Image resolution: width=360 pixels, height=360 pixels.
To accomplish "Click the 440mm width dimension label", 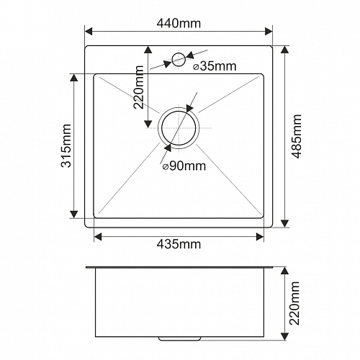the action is [x=179, y=24].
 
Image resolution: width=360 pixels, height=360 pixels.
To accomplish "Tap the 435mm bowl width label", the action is [x=179, y=244].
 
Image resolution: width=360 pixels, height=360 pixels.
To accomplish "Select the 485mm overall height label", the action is [x=296, y=136].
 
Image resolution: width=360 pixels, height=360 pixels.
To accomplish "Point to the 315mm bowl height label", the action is [x=66, y=145].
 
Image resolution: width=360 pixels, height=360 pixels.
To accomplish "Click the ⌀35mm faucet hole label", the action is [x=215, y=66].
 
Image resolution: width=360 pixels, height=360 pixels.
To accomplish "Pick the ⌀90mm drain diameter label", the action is [x=184, y=166].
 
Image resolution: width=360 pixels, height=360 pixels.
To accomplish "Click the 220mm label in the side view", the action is [x=294, y=304].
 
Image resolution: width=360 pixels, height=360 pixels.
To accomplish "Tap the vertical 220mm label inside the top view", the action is [x=138, y=87].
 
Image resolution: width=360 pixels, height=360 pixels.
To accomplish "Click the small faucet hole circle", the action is [x=179, y=59].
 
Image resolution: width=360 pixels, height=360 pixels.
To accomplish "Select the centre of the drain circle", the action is [x=179, y=127].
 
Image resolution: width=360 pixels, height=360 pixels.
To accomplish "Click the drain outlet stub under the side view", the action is [x=179, y=338].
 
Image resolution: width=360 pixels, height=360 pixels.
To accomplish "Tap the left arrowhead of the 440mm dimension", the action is [x=89, y=31].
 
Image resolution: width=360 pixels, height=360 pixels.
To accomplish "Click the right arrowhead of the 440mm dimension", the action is [x=269, y=31].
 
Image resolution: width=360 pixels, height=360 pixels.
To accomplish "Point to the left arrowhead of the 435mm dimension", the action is [x=98, y=237].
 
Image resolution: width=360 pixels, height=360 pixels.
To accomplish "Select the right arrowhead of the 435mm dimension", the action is [x=260, y=237].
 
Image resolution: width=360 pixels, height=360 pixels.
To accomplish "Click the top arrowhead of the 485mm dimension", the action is [x=284, y=50].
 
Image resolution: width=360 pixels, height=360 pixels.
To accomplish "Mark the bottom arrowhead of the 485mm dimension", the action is [x=284, y=223].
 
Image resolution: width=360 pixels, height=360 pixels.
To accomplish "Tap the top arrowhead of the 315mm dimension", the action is [x=74, y=78].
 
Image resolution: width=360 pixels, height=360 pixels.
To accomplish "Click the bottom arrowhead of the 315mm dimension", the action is [x=74, y=215].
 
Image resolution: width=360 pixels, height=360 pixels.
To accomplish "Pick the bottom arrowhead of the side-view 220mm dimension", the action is [x=284, y=336].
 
